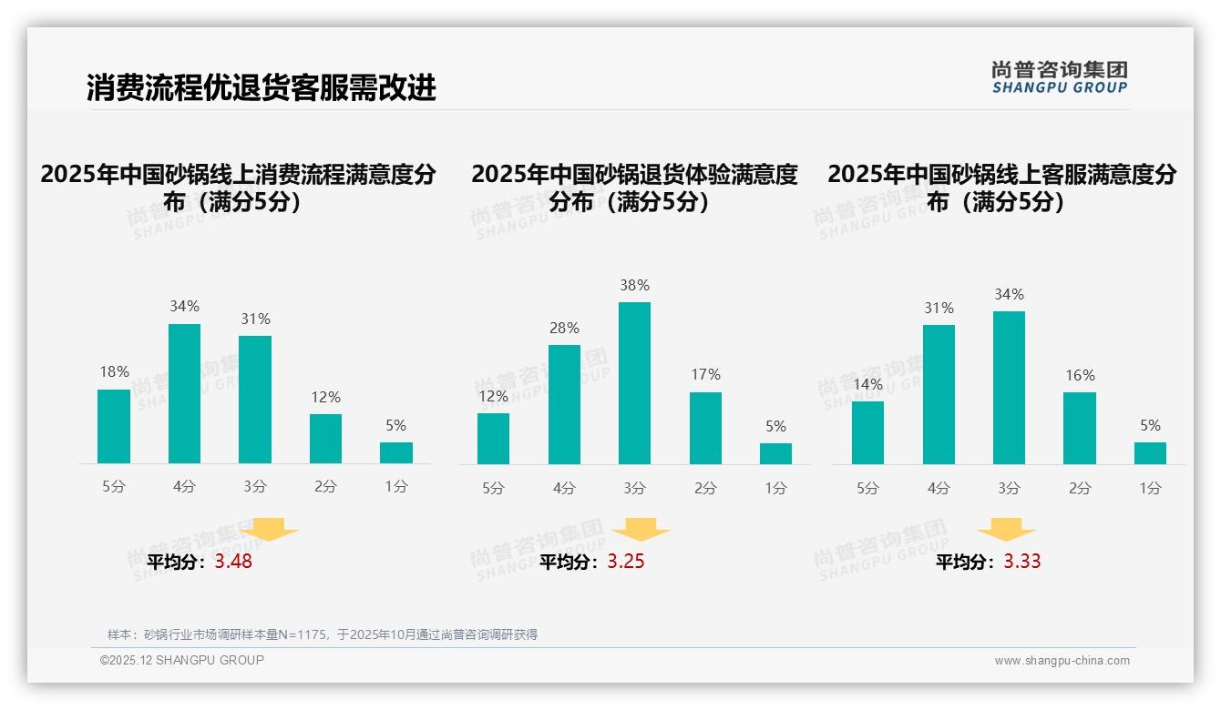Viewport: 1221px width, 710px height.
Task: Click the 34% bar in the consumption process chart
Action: [184, 393]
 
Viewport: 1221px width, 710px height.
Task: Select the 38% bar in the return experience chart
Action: [634, 382]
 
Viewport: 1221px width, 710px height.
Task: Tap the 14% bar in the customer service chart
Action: [867, 432]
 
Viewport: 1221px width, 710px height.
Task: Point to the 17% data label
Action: [705, 374]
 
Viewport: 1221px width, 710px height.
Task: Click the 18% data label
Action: [114, 371]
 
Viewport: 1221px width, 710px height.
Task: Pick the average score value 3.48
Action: [233, 562]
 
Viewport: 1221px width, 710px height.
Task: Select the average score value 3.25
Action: [626, 562]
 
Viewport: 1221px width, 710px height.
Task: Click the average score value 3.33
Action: [1022, 562]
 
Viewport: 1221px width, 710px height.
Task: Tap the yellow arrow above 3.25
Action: [641, 530]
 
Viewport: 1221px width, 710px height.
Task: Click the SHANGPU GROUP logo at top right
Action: [1059, 77]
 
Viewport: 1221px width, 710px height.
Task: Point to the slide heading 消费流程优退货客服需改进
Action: [262, 87]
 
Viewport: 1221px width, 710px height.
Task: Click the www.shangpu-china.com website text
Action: [1062, 661]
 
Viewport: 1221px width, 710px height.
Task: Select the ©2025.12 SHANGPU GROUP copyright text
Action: [182, 660]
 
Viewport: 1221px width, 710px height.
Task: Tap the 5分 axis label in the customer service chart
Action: [867, 489]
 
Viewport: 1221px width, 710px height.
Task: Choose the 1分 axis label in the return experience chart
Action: [775, 489]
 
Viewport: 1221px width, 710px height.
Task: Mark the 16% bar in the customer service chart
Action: [1079, 428]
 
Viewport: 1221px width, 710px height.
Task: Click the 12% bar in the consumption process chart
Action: [325, 439]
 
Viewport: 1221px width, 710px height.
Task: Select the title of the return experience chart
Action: [634, 188]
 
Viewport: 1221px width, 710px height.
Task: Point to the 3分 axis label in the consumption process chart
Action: [255, 487]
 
